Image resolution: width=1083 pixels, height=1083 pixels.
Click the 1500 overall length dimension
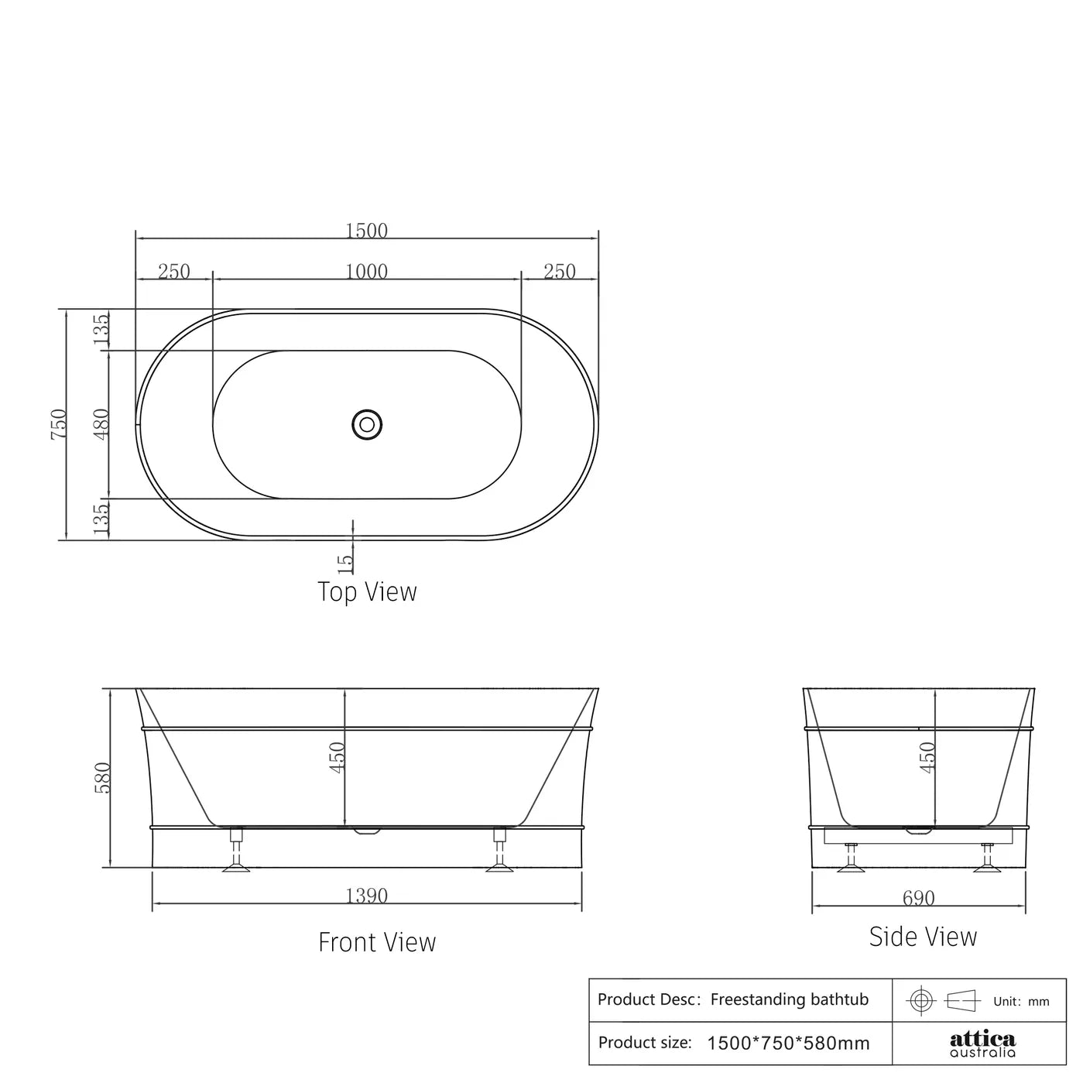pos(366,230)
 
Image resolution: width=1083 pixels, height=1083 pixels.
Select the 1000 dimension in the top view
pos(366,271)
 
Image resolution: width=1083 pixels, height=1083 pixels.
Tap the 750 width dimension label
pos(59,424)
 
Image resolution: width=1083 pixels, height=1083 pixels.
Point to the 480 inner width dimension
pos(101,423)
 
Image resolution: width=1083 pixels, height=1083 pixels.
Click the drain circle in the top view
pos(366,424)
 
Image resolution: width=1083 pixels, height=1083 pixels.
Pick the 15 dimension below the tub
pos(345,561)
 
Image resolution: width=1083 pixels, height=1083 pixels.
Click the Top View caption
pos(367,592)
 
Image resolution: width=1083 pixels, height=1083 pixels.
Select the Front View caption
pos(377,942)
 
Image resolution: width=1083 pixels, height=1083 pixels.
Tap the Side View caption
pos(923,937)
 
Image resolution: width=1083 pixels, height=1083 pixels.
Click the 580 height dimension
pos(103,777)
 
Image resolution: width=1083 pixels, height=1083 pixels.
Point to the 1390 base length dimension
pos(366,896)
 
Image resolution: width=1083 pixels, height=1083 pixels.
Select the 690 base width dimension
pos(918,898)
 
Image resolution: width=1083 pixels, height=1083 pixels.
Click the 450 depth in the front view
pos(337,756)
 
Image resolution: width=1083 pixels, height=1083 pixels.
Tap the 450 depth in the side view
pos(927,756)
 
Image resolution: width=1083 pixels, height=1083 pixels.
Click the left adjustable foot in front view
pos(237,852)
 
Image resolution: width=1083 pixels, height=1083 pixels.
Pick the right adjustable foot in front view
pos(499,852)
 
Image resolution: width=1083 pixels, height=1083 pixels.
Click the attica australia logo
pos(982,1044)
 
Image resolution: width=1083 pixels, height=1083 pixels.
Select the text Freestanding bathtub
pos(789,999)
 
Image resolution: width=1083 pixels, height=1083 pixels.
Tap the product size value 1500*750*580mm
pos(788,1044)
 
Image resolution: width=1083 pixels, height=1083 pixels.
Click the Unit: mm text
pos(1021,1002)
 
